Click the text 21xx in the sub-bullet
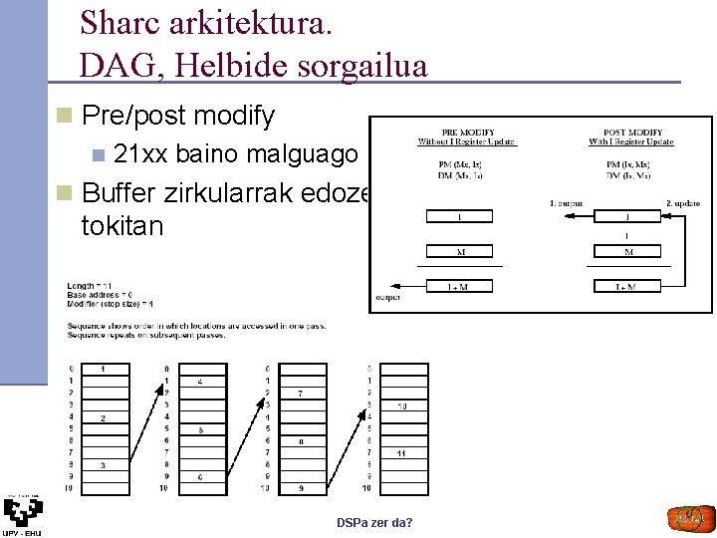point(140,154)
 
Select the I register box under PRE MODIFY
point(459,216)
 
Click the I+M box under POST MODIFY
point(626,287)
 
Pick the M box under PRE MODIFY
point(459,252)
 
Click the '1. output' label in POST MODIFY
point(566,202)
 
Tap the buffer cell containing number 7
point(301,394)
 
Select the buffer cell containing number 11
point(401,453)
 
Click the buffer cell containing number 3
point(104,465)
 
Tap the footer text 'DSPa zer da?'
point(374,523)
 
